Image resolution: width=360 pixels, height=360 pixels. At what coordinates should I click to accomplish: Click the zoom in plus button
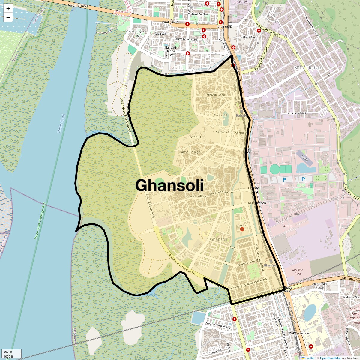coord(8,9)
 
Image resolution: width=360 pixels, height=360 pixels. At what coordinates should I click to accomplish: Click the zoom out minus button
coord(8,18)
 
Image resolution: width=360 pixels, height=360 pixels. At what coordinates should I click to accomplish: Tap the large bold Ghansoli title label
coord(169,185)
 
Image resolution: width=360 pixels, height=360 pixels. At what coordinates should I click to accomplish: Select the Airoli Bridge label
coord(78,5)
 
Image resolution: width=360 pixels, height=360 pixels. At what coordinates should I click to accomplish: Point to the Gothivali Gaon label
coord(214,95)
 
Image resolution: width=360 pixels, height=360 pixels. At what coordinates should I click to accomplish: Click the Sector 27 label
coord(220,115)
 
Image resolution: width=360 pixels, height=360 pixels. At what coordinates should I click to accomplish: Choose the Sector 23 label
coord(194,137)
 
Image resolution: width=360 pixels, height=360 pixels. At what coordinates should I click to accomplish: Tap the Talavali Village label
coord(190,152)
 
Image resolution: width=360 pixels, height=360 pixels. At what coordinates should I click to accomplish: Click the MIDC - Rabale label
coord(308,68)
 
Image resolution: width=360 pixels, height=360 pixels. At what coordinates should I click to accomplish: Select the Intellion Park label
coord(298,272)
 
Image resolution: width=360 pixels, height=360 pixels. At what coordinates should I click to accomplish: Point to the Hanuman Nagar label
coord(320,286)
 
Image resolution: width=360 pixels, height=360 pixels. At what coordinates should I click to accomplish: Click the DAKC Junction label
coord(299,333)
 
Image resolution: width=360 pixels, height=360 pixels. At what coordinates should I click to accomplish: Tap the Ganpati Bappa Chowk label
coord(170,51)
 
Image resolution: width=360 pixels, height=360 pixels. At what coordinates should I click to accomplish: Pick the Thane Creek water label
coord(61,123)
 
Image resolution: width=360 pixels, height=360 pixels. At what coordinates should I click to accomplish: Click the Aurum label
coord(287,226)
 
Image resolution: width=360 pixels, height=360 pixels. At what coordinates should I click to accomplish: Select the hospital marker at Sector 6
coord(242,229)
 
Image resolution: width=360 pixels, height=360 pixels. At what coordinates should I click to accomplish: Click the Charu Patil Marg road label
coord(247,263)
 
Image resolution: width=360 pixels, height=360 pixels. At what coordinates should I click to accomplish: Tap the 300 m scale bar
coord(11,352)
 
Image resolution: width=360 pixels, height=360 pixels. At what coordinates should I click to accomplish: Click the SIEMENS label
coord(241,2)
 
